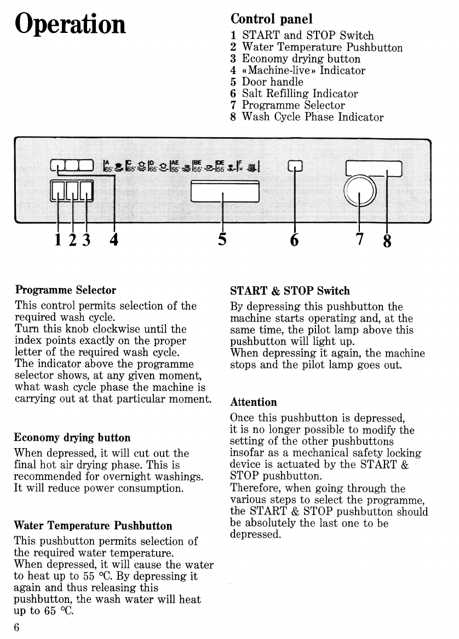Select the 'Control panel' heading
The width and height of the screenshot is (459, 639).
tap(272, 19)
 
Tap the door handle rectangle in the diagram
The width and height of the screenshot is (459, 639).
tap(223, 193)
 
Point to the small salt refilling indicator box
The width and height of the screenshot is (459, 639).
tap(295, 167)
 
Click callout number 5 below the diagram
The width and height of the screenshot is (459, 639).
tap(222, 239)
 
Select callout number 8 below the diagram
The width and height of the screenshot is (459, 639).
tap(387, 241)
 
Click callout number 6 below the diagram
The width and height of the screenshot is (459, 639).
tap(295, 239)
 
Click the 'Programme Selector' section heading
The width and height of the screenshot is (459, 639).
tap(66, 290)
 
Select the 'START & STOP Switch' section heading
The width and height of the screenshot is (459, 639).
tap(290, 291)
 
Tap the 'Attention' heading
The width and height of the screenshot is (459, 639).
tap(254, 402)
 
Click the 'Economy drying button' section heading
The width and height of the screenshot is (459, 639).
tap(72, 438)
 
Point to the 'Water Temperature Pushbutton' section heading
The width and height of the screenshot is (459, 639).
tap(93, 526)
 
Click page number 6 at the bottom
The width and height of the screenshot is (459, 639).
tap(17, 628)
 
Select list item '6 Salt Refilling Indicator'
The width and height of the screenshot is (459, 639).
tap(294, 94)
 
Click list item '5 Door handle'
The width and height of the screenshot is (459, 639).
tap(267, 82)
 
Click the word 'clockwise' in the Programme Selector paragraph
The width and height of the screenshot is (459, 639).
tap(119, 329)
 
